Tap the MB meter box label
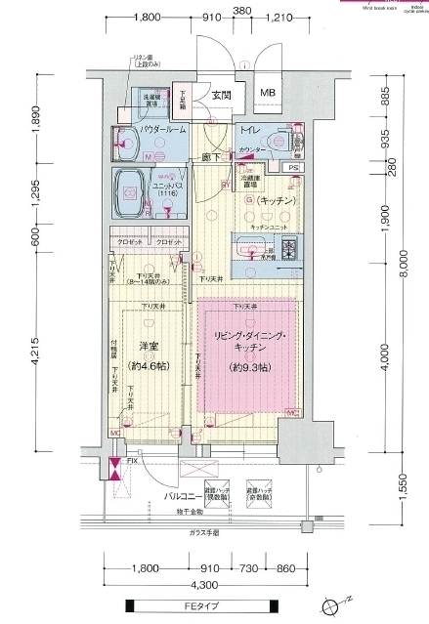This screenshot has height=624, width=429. click(267, 94)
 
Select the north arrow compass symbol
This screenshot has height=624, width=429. click(348, 600)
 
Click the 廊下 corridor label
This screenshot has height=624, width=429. click(207, 156)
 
